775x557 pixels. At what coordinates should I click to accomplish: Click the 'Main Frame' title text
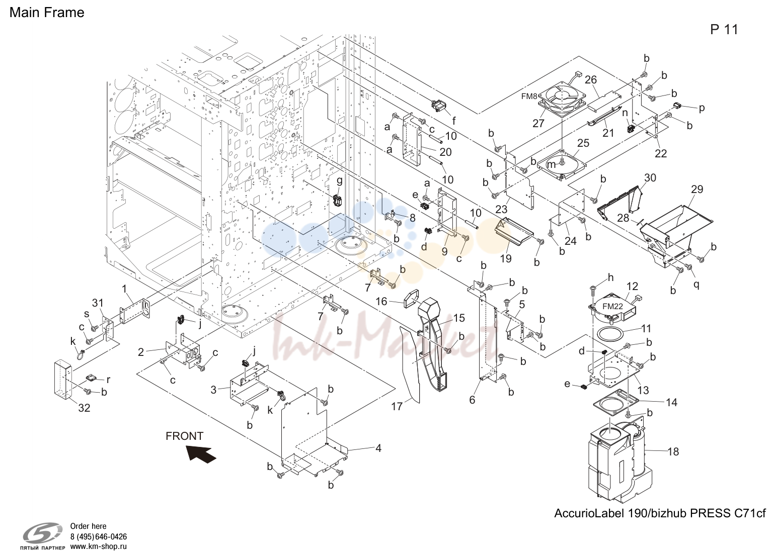coord(47,13)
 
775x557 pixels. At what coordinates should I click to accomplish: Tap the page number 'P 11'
coord(724,30)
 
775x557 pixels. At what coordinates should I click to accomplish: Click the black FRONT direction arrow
coord(201,453)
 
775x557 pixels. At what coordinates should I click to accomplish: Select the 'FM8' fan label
coord(529,97)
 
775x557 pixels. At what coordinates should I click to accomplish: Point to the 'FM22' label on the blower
coord(612,306)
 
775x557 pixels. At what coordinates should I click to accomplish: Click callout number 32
coord(84,408)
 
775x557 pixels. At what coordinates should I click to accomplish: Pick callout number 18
coord(673,451)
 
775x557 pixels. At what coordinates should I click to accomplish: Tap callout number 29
coord(697,189)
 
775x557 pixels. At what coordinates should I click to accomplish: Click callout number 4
coord(378,448)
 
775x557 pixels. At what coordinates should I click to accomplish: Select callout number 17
coord(397,406)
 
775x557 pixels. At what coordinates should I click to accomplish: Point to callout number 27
coord(538,123)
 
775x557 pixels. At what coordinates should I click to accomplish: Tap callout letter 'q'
coord(696,285)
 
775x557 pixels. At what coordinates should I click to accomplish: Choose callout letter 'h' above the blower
coord(610,277)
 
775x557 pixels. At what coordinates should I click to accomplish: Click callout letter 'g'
coord(339,180)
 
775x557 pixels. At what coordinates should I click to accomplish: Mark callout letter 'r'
coord(108,380)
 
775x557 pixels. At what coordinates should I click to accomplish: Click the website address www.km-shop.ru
coord(98,546)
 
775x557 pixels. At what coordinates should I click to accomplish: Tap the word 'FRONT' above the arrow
coord(184,436)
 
